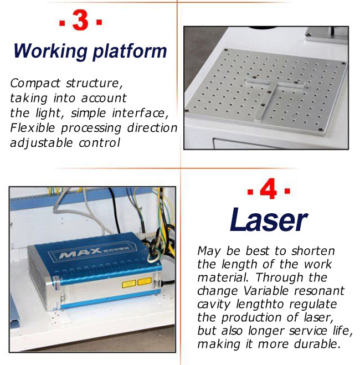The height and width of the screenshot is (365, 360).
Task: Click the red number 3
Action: tap(80, 20)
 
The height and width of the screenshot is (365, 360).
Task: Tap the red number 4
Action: tap(268, 188)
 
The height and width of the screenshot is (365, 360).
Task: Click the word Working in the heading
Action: tap(50, 52)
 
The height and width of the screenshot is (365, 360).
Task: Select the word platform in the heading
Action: tap(130, 52)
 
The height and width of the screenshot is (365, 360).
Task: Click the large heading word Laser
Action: tap(269, 220)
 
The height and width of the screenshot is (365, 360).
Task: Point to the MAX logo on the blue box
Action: tap(80, 253)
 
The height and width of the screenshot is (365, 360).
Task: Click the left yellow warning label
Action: tap(128, 284)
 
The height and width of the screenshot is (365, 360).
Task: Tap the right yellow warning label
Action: tap(145, 281)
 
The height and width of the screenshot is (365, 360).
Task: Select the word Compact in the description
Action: tap(35, 83)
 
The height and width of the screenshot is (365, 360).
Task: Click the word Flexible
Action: tap(33, 128)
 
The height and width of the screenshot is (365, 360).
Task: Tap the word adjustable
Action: tap(42, 143)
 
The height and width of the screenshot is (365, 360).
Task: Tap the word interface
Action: tap(140, 113)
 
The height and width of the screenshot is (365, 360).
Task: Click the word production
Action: tap(252, 317)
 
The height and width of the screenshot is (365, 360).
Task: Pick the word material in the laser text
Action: tap(223, 277)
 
